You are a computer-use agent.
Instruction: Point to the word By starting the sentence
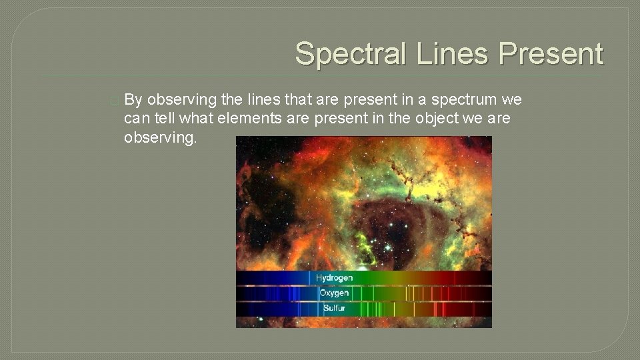[133, 100]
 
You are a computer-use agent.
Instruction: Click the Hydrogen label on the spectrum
[334, 277]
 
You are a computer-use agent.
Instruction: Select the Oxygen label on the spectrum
[334, 293]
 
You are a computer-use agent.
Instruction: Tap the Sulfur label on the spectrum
[334, 308]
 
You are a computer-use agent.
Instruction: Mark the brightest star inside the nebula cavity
[387, 247]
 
